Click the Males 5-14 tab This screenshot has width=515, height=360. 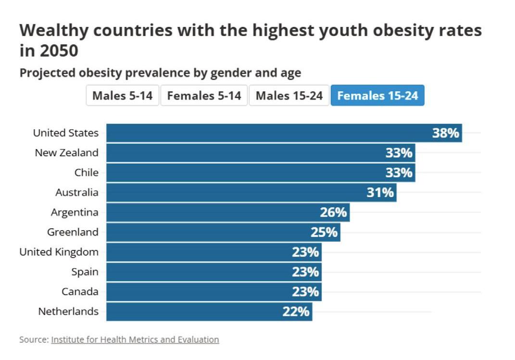[x=122, y=96]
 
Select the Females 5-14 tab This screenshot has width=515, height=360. [x=204, y=96]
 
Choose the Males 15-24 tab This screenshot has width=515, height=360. [x=289, y=96]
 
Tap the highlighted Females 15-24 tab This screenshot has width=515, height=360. [x=377, y=96]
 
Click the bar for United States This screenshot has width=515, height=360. [x=269, y=133]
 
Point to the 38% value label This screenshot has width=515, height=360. [x=445, y=133]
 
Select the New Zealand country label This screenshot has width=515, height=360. [x=66, y=153]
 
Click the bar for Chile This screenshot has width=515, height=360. [x=250, y=173]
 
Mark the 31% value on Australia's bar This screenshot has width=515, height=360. [x=380, y=193]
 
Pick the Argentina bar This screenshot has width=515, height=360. [x=216, y=212]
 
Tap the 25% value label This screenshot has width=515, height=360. [x=324, y=233]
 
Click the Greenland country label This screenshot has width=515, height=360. [x=73, y=232]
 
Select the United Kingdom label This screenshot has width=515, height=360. [x=59, y=252]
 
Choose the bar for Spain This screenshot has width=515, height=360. [x=202, y=272]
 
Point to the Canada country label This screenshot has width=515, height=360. [x=80, y=292]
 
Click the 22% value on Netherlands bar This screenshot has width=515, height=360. [x=296, y=312]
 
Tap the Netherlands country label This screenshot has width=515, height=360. [x=68, y=311]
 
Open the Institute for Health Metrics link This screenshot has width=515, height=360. [x=135, y=340]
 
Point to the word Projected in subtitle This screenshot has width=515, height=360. [x=46, y=73]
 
